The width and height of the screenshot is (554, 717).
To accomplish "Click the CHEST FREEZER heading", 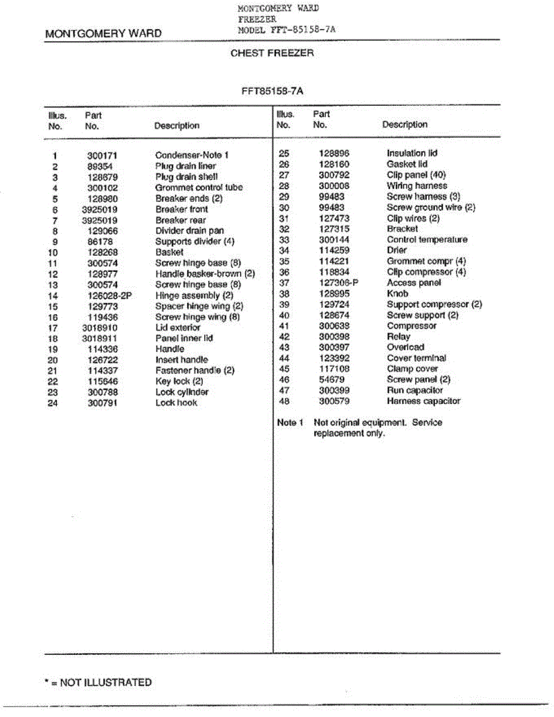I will coord(272,53).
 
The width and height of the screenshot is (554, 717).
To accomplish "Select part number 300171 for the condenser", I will coord(102,155).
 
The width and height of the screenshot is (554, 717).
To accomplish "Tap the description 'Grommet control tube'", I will coord(199,188).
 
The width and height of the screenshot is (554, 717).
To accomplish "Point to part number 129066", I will coord(102,231).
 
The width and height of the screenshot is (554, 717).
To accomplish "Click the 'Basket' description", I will coord(169,252).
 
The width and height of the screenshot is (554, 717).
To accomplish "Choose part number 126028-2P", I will coord(107,295).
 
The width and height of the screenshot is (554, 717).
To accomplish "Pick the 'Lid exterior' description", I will coord(178,327).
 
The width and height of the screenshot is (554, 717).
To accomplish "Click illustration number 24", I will coord(53,403).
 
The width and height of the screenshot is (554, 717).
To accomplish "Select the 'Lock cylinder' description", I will coord(182,392).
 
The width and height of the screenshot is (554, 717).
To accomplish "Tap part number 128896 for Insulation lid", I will coord(334,154).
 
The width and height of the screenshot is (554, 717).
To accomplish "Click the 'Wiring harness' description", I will coord(417,186).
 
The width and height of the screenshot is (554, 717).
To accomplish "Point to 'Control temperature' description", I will coord(427,240).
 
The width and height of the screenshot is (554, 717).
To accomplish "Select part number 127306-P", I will coord(338,283).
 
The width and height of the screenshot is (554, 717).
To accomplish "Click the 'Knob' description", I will coord(397,293).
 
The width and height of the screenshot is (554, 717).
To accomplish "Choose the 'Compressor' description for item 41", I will coord(411,326).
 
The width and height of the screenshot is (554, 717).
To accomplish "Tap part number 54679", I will coord(332,379).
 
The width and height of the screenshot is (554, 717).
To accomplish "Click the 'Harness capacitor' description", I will coord(423,401).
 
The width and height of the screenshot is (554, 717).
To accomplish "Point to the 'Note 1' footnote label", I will coord(290,422).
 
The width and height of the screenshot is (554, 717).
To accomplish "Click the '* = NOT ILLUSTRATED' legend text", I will coord(99,682).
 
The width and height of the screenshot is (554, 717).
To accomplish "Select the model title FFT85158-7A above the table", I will coord(273,91).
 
